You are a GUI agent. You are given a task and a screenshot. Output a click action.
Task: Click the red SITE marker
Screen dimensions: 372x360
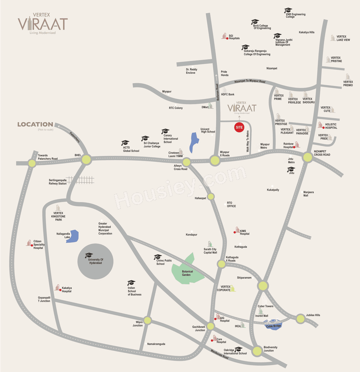[x=239, y=127]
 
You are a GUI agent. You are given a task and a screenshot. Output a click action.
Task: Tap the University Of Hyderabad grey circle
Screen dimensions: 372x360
[x=95, y=261]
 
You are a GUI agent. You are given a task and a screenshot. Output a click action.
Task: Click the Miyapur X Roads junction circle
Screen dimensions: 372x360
[x=215, y=160]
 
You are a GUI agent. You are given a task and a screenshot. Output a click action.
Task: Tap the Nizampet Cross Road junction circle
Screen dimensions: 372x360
[x=307, y=157]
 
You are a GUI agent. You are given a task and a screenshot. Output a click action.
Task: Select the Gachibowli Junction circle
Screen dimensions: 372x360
[x=210, y=326]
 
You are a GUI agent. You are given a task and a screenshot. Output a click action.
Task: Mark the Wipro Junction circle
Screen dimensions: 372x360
[x=147, y=320]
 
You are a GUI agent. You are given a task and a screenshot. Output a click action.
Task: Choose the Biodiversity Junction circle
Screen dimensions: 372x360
[x=257, y=351]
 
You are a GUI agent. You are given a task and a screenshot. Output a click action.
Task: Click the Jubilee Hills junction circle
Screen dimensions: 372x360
[x=300, y=319]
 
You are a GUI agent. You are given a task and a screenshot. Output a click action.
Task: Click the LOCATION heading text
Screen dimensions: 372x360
[x=35, y=124]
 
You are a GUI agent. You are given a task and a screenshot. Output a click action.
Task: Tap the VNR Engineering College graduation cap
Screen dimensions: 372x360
[x=288, y=10]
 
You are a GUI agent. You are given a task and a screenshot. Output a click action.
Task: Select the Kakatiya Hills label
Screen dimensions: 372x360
[x=307, y=32]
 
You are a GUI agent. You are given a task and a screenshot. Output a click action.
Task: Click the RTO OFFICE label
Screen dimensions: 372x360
[x=231, y=204]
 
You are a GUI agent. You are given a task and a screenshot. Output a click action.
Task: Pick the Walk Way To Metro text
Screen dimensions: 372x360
[x=248, y=141]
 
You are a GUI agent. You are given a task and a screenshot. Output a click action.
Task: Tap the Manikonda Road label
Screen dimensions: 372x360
[x=219, y=354]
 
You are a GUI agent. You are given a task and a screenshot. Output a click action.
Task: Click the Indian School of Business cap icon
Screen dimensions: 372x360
[x=131, y=283]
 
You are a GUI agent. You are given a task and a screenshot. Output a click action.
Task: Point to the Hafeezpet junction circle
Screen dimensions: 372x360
[x=211, y=197]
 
